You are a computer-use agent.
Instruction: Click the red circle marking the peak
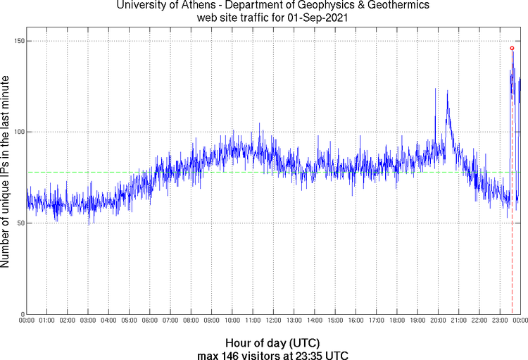512,48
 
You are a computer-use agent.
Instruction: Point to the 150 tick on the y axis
20,41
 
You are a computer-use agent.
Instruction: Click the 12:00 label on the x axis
273,321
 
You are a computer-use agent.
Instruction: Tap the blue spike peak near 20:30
447,92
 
